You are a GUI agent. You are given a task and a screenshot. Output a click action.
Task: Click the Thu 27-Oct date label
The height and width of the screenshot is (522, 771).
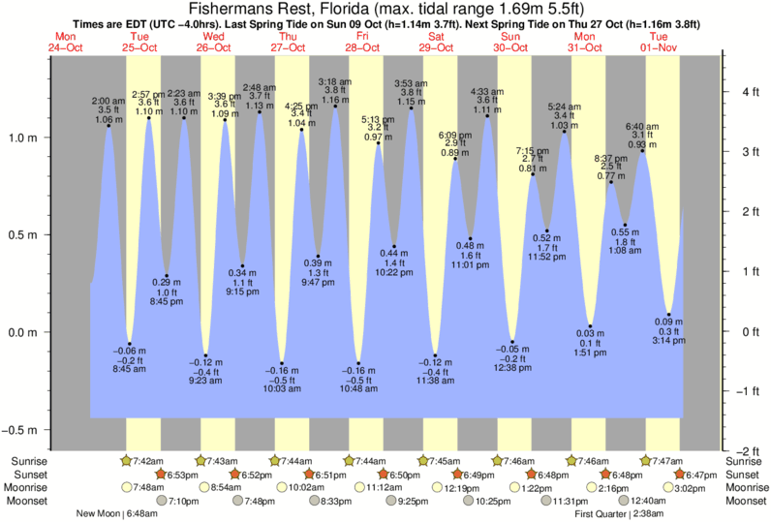288,43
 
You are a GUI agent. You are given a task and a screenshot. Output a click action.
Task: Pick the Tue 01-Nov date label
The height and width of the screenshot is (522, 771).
662,43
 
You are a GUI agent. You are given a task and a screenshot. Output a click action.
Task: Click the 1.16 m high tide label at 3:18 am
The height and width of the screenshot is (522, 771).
334,100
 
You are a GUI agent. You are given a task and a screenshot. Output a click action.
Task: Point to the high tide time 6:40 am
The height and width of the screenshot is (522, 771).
642,126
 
